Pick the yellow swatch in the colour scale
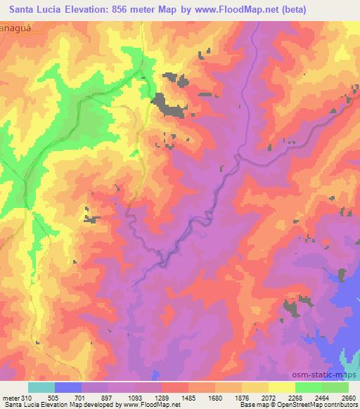coord(282,387)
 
